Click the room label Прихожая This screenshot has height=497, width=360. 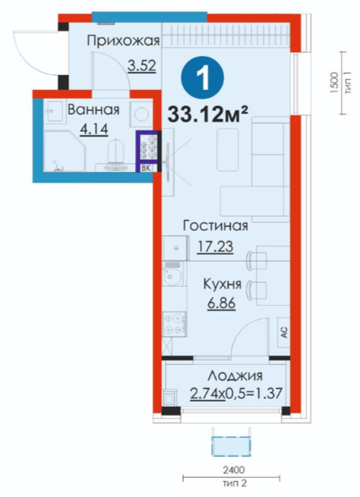(x=123, y=40)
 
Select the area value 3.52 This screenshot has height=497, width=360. (x=142, y=66)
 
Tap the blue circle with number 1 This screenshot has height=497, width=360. (x=202, y=77)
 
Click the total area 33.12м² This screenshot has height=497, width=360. (x=207, y=114)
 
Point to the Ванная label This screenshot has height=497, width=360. (x=93, y=109)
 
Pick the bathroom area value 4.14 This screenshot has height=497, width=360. (x=94, y=129)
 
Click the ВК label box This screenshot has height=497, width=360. (x=146, y=168)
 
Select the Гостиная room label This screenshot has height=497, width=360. (x=216, y=226)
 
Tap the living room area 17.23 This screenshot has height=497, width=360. (x=216, y=247)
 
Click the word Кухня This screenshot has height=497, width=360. (x=222, y=284)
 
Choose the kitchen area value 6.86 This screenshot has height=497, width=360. (x=222, y=303)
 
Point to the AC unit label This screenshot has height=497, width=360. (x=284, y=333)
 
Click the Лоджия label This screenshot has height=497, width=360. (x=235, y=376)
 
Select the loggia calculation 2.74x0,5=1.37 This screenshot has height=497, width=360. (x=236, y=394)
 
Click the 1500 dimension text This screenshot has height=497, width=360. (x=333, y=83)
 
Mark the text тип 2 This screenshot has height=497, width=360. (x=234, y=484)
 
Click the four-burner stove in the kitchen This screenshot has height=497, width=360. (x=174, y=324)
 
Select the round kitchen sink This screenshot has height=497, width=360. (x=172, y=276)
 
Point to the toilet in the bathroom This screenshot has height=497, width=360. (x=115, y=153)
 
